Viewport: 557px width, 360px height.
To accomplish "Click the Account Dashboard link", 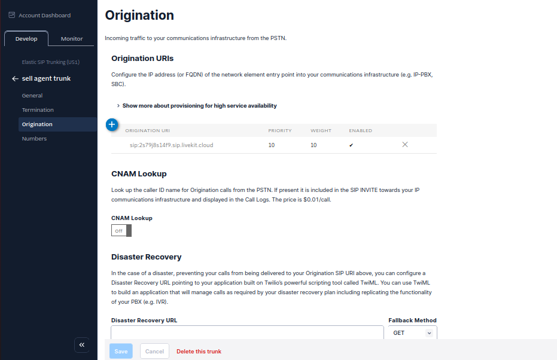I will click(44, 16).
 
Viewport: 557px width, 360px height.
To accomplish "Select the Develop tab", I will click(26, 39).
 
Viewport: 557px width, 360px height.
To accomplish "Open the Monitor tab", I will click(72, 39).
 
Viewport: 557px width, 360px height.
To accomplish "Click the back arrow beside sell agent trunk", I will click(15, 79).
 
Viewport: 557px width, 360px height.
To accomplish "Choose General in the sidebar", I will click(32, 96).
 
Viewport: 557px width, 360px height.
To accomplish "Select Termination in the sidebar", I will click(38, 110).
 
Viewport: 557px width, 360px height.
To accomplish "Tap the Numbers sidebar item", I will click(34, 139).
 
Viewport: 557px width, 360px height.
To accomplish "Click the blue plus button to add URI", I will click(112, 124).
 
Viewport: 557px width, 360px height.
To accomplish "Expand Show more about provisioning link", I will click(199, 106).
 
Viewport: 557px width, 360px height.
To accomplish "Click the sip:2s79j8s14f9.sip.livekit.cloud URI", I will click(171, 145).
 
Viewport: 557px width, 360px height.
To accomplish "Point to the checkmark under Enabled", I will click(351, 145).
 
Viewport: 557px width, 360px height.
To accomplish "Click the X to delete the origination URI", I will click(405, 145).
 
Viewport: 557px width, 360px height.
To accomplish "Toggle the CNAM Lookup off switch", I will click(121, 231).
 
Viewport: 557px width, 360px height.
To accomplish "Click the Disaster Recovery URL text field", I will click(247, 333).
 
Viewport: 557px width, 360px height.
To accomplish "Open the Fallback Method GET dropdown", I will click(412, 333).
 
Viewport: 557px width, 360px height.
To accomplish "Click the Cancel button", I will click(154, 352).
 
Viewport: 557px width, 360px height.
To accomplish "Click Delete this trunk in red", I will click(199, 352).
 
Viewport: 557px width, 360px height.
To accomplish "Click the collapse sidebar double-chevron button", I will click(82, 345).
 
